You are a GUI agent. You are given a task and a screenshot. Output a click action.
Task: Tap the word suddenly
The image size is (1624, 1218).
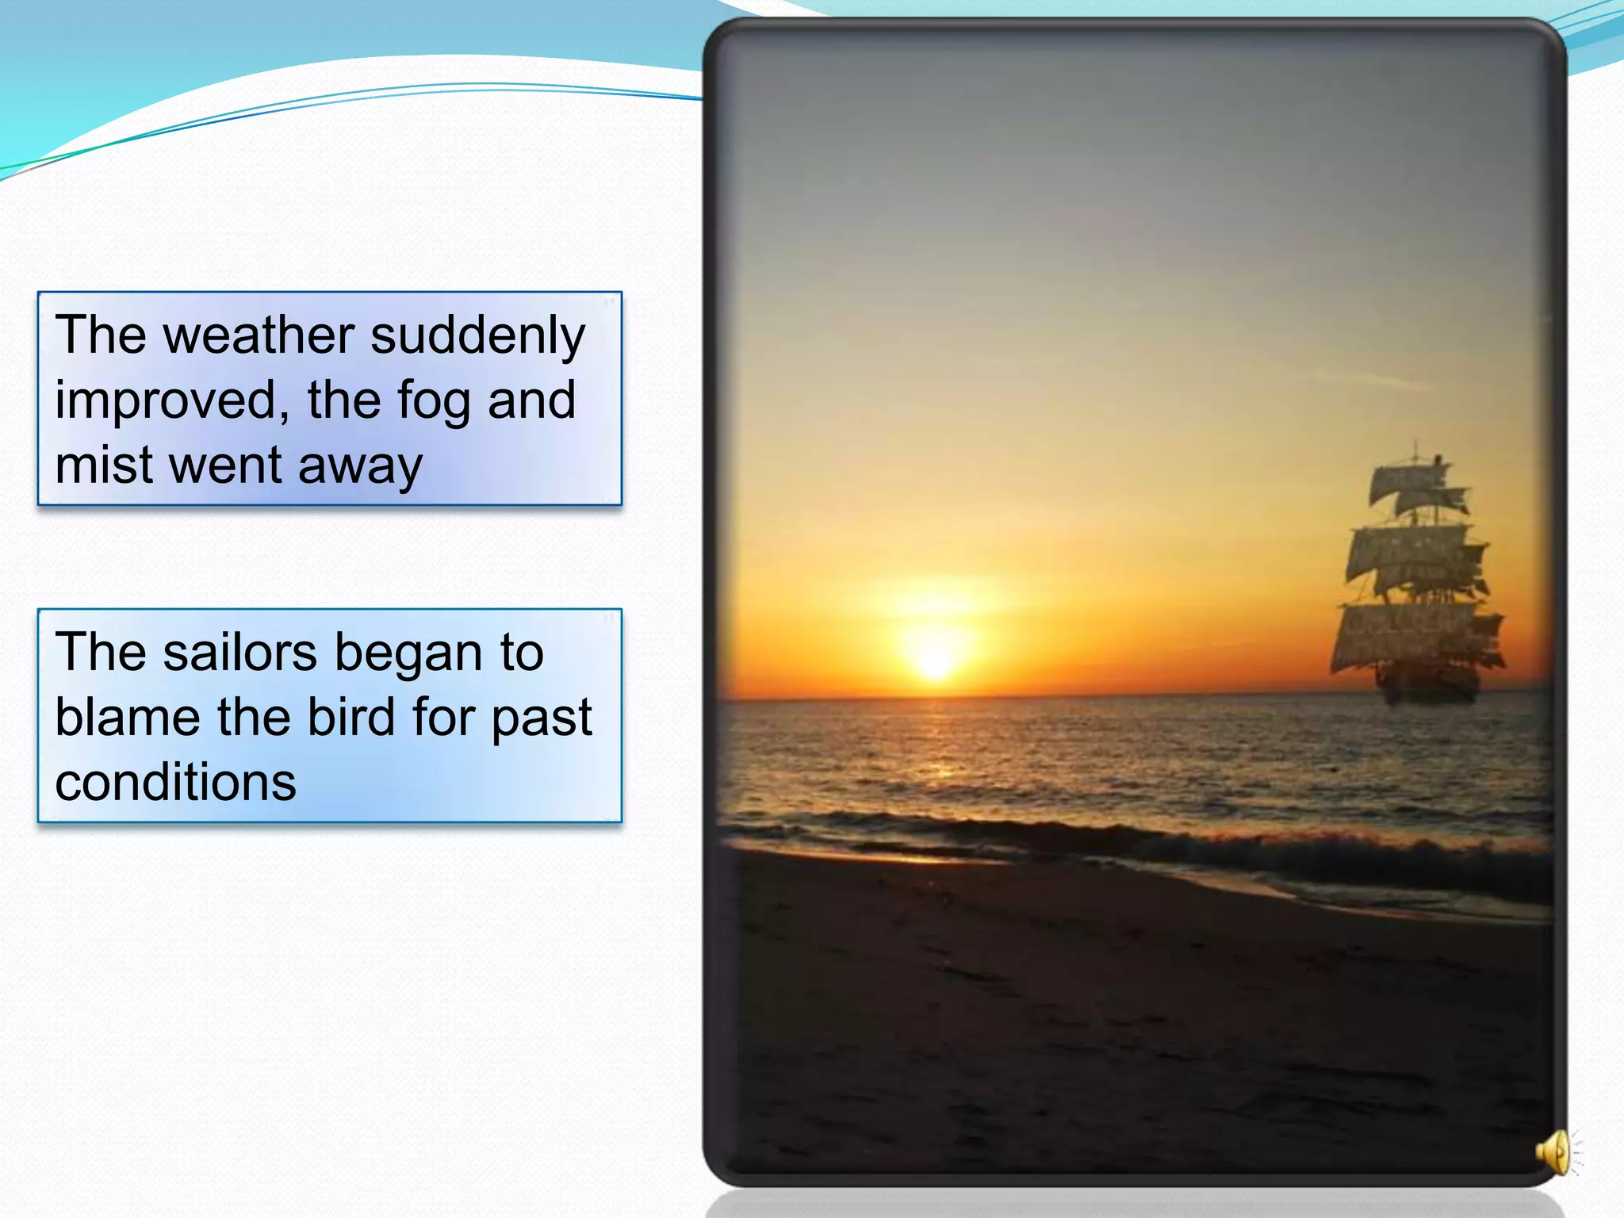477,335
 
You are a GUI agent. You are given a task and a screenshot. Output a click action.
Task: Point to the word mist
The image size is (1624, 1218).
104,465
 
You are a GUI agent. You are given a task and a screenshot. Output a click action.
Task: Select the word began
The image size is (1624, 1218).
408,654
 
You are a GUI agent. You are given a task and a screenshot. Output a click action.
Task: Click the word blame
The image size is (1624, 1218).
128,718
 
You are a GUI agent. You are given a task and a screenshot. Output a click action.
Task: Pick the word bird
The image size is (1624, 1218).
350,718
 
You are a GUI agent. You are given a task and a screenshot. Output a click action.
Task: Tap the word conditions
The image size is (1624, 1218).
175,783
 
